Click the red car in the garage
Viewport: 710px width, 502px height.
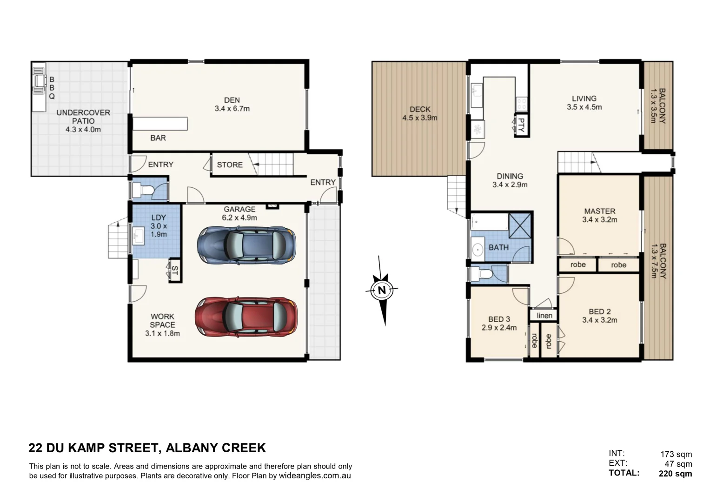[246, 317]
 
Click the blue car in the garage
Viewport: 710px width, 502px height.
[246, 245]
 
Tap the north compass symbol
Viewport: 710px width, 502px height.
[382, 291]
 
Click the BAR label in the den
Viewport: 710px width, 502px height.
[158, 138]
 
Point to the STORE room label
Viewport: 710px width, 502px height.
[230, 165]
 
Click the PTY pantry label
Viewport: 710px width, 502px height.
[521, 125]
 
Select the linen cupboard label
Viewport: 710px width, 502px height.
[544, 316]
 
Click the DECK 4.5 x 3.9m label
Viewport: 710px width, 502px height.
[419, 113]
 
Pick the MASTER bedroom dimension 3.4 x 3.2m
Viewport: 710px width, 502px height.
[599, 220]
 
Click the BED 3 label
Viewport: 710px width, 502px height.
[499, 319]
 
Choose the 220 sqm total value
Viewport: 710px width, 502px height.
[675, 474]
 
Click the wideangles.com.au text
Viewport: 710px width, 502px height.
[315, 476]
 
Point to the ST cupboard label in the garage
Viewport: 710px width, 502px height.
[175, 271]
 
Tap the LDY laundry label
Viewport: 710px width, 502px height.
[159, 217]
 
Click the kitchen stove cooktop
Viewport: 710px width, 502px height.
[521, 104]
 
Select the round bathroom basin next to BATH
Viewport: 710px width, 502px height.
[478, 250]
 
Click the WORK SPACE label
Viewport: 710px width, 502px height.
[162, 320]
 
